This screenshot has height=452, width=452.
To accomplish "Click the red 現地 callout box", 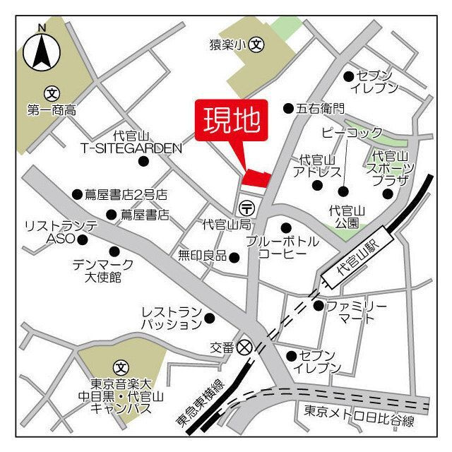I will pyautogui.click(x=232, y=121).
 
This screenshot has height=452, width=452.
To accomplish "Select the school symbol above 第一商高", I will pyautogui.click(x=52, y=93).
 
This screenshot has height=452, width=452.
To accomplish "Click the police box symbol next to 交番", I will pyautogui.click(x=244, y=347).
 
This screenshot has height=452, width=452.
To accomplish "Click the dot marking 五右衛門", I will pyautogui.click(x=288, y=109).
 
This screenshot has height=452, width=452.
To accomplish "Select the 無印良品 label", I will pyautogui.click(x=202, y=256).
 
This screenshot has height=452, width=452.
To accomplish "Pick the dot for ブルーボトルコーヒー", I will pyautogui.click(x=286, y=227).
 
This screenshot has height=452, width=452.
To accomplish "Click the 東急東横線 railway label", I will pyautogui.click(x=198, y=403).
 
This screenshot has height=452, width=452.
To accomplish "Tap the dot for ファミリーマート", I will pyautogui.click(x=319, y=306).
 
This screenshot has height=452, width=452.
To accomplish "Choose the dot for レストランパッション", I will pyautogui.click(x=209, y=318).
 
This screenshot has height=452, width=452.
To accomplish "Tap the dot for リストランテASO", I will pyautogui.click(x=83, y=239).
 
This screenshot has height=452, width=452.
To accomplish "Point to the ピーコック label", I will pyautogui.click(x=351, y=132).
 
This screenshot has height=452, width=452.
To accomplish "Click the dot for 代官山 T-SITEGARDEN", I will pyautogui.click(x=144, y=162).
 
